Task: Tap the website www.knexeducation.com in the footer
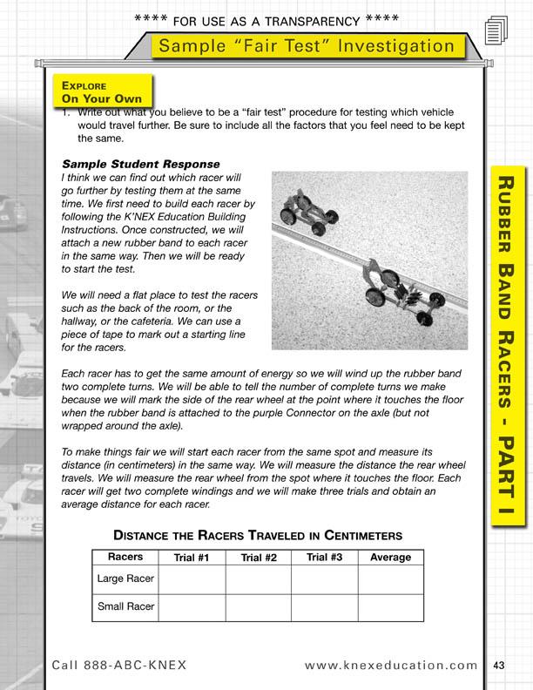[x=392, y=666]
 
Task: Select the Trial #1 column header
[x=191, y=558]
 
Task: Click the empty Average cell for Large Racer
[x=391, y=578]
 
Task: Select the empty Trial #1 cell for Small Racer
[x=191, y=607]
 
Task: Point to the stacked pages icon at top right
[x=496, y=31]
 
